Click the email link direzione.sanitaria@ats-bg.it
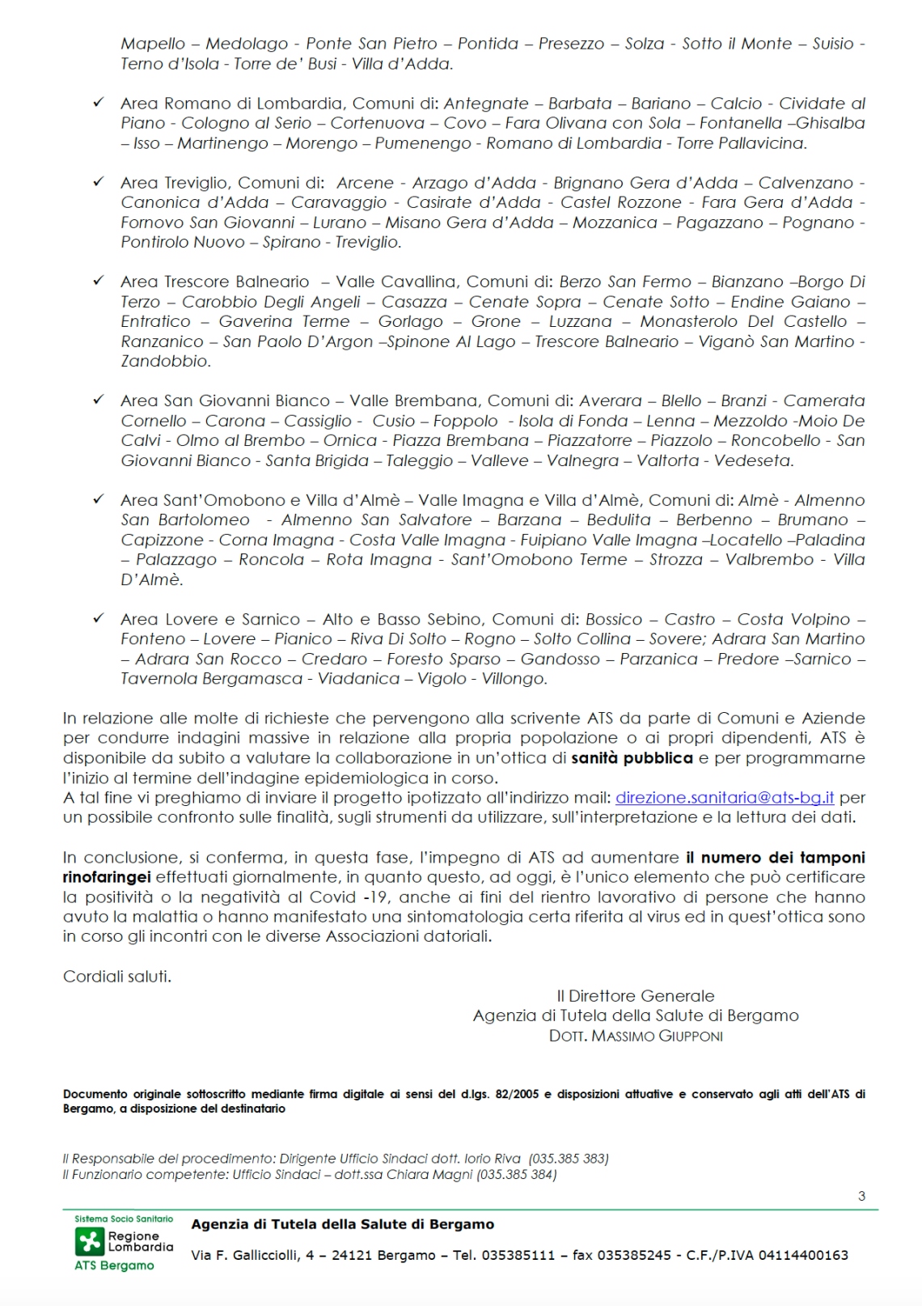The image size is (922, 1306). [724, 798]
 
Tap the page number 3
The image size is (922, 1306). [861, 1196]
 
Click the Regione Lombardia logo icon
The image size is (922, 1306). [90, 1241]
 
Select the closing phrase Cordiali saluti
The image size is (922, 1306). [117, 977]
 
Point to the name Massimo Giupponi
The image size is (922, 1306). [657, 1037]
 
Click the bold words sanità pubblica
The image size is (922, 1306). [632, 758]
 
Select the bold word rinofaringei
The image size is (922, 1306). [107, 877]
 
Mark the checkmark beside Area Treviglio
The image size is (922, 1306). [99, 182]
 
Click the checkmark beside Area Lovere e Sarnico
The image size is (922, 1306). [99, 618]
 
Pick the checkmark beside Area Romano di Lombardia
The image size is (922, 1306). [99, 103]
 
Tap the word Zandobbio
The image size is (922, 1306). [165, 362]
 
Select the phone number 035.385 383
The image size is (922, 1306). [569, 1159]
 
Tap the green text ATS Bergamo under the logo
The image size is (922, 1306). [114, 1266]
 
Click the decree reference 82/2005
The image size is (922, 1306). [517, 1094]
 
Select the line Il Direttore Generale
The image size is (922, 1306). [636, 996]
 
